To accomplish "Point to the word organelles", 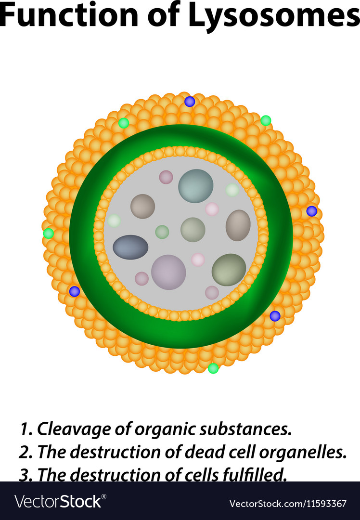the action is (303, 452).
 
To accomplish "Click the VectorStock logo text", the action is (60, 501).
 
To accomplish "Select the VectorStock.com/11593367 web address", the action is (288, 504).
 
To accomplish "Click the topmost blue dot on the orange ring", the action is (190, 102).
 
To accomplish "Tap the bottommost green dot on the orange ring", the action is (213, 368).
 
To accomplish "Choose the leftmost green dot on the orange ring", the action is (49, 233).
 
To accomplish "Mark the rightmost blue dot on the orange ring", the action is (311, 211).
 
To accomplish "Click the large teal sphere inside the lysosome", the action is (195, 186).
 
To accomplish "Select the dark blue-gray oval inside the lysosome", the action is (130, 247).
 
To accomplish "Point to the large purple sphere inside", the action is (168, 272).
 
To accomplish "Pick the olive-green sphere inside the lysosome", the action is (229, 270).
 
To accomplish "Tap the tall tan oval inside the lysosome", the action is (238, 225).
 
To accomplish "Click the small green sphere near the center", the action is (162, 232).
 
